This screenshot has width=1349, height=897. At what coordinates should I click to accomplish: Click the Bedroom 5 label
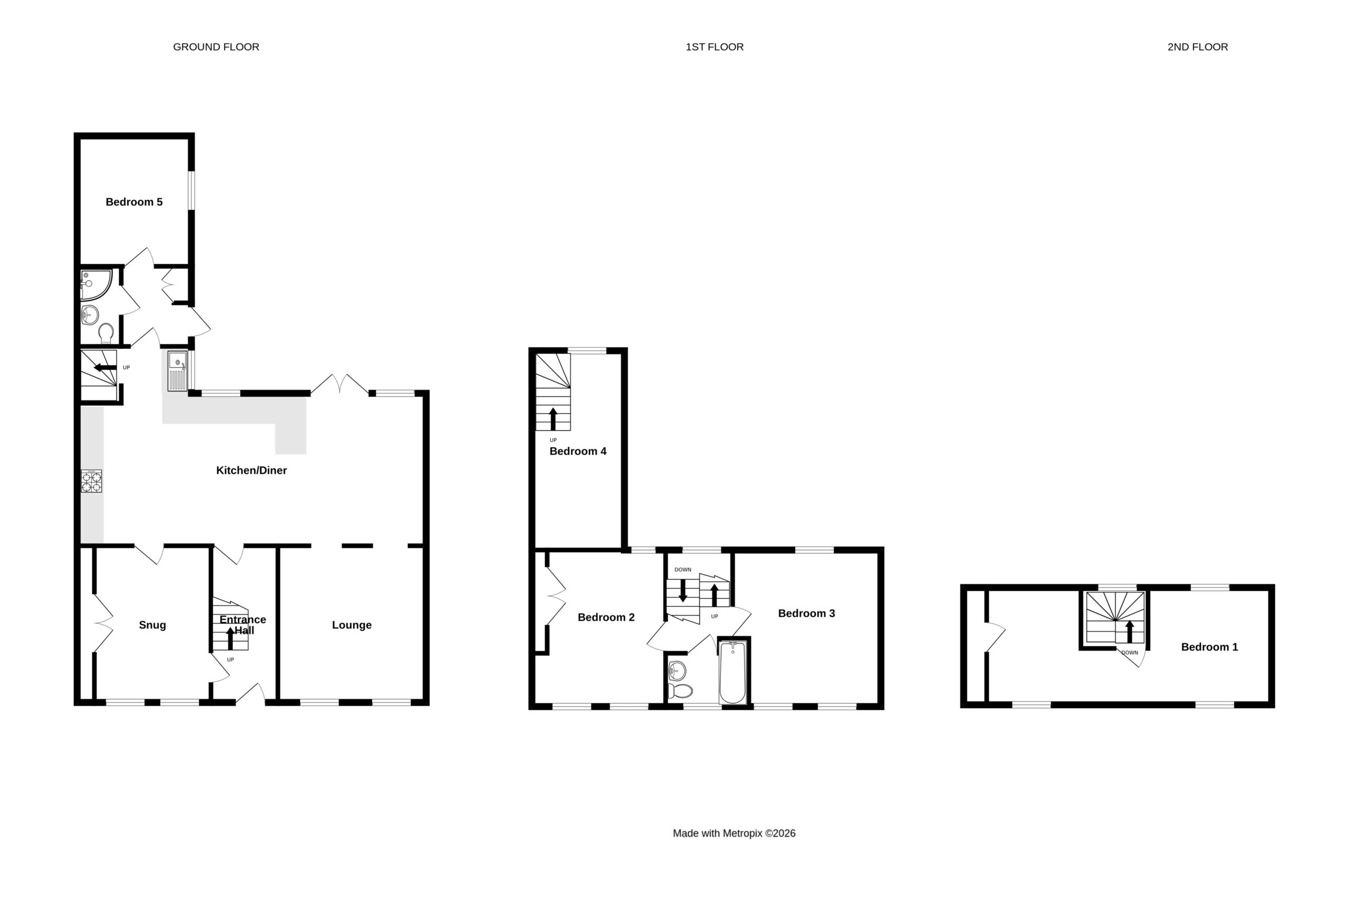tap(134, 202)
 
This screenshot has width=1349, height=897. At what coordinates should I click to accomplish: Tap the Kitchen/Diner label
tap(251, 470)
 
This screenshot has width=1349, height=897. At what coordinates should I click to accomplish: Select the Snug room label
tap(152, 625)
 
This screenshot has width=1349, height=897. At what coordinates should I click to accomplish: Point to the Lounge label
tap(351, 625)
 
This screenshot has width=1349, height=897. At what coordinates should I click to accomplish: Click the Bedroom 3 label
tap(806, 613)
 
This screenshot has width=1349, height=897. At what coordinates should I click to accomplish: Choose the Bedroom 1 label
tap(1209, 647)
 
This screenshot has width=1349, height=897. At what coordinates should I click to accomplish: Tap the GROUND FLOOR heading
tap(216, 47)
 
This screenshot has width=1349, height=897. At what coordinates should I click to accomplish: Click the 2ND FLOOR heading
tap(1197, 47)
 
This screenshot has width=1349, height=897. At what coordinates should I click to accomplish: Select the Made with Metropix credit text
tap(734, 834)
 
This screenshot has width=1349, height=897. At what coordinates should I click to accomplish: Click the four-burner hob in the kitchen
tap(92, 481)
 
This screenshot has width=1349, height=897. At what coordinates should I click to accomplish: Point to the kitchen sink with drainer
tap(177, 370)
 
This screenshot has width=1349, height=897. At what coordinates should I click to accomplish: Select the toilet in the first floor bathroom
tap(680, 691)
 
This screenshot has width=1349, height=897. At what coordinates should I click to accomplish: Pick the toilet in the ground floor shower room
tap(106, 333)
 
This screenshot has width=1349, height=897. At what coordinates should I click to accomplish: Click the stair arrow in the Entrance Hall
tap(230, 638)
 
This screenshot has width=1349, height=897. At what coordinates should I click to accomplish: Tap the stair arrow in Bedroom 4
tap(553, 419)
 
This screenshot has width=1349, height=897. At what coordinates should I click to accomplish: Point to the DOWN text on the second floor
tap(1129, 653)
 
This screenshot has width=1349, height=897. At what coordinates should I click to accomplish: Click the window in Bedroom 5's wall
tap(192, 190)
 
